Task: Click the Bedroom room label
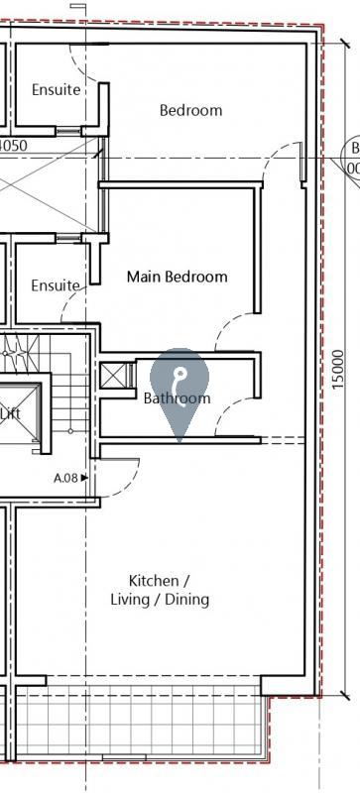click(x=190, y=110)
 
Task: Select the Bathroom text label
click(x=177, y=398)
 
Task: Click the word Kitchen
click(x=153, y=580)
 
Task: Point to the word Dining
click(x=186, y=600)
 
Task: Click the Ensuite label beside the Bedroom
click(x=55, y=89)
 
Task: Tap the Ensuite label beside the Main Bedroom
click(x=55, y=285)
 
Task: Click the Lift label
click(x=10, y=413)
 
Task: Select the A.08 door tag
click(x=65, y=478)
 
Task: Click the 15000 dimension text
click(x=338, y=369)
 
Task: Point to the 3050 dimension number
click(x=12, y=145)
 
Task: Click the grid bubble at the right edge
click(x=352, y=159)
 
